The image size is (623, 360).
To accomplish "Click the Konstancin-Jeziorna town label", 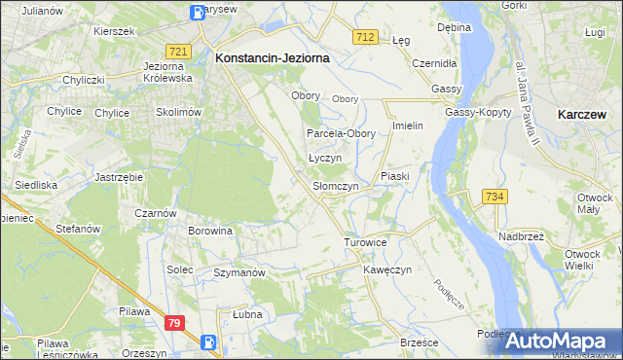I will pos(272,58).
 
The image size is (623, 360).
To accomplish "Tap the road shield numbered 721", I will pos(177,51).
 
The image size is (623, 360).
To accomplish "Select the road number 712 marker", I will pos(365,37).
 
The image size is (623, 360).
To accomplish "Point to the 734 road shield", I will pos(494,198).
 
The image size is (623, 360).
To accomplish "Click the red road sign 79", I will pos(175,323).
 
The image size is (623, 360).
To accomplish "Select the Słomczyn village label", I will pos(336,186).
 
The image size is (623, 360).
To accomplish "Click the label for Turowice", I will pos(366,241).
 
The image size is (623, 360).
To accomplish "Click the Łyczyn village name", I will pos(324,158).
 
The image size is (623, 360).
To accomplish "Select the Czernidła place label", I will pos(434,62).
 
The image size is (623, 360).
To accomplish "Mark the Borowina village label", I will pos(210,232).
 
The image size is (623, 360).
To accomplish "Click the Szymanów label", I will pos(239,273).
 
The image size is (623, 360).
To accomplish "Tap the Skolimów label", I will pos(176,113).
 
